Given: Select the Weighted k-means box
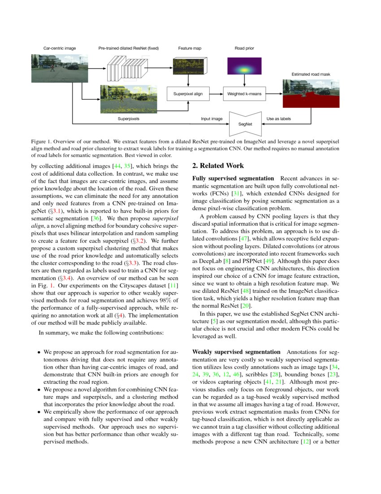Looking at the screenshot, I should click(244, 94).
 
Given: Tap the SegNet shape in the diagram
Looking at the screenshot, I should click(245, 123).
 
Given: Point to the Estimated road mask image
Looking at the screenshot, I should click(311, 93).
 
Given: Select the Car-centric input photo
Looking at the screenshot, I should click(56, 68).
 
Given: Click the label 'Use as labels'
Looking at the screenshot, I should click(278, 119).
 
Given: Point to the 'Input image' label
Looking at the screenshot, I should click(212, 119).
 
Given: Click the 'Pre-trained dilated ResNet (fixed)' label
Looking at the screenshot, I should click(129, 48).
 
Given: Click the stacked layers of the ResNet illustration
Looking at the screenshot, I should click(127, 68).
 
